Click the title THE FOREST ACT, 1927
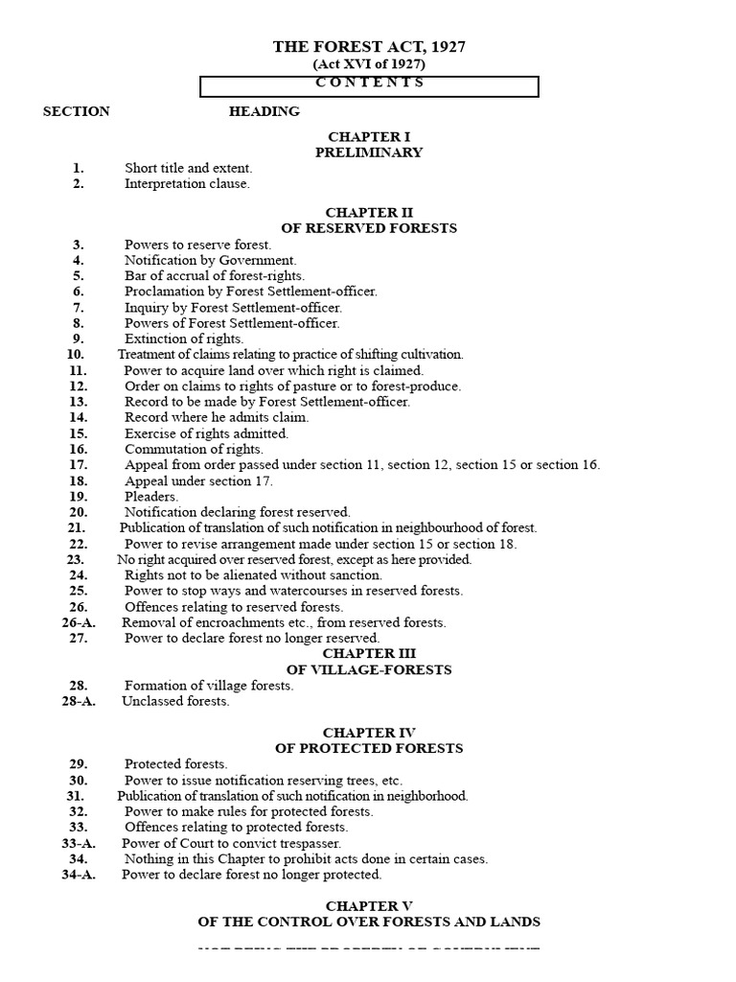click(369, 47)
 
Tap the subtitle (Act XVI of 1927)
click(369, 64)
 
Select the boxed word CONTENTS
click(369, 82)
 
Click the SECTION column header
click(77, 111)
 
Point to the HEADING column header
click(264, 111)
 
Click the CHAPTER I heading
click(369, 137)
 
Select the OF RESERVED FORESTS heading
click(369, 228)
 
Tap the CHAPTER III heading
click(369, 654)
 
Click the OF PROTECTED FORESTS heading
click(369, 748)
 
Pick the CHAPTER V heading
click(369, 906)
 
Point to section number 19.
click(78, 497)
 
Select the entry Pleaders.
click(151, 497)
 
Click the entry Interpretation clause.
click(187, 184)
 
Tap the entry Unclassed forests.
click(175, 701)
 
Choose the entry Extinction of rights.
click(184, 339)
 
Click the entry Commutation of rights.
click(194, 449)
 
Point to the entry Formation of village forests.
click(209, 686)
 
